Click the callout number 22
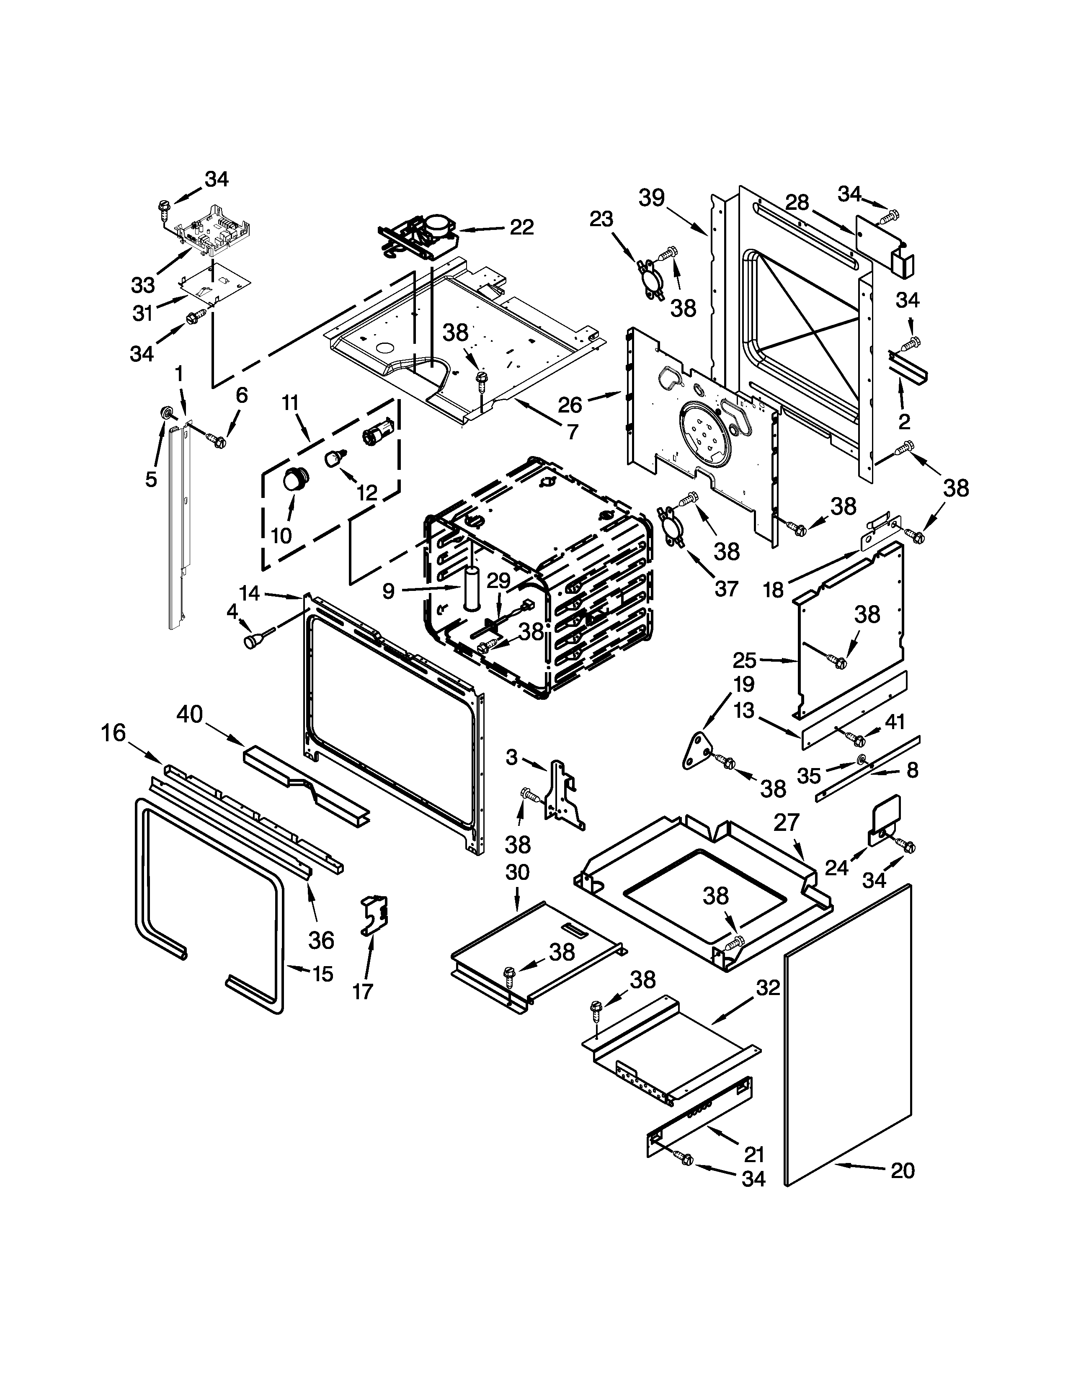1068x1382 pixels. [x=521, y=227]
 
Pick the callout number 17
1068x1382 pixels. [x=363, y=990]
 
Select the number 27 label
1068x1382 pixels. [x=787, y=822]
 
